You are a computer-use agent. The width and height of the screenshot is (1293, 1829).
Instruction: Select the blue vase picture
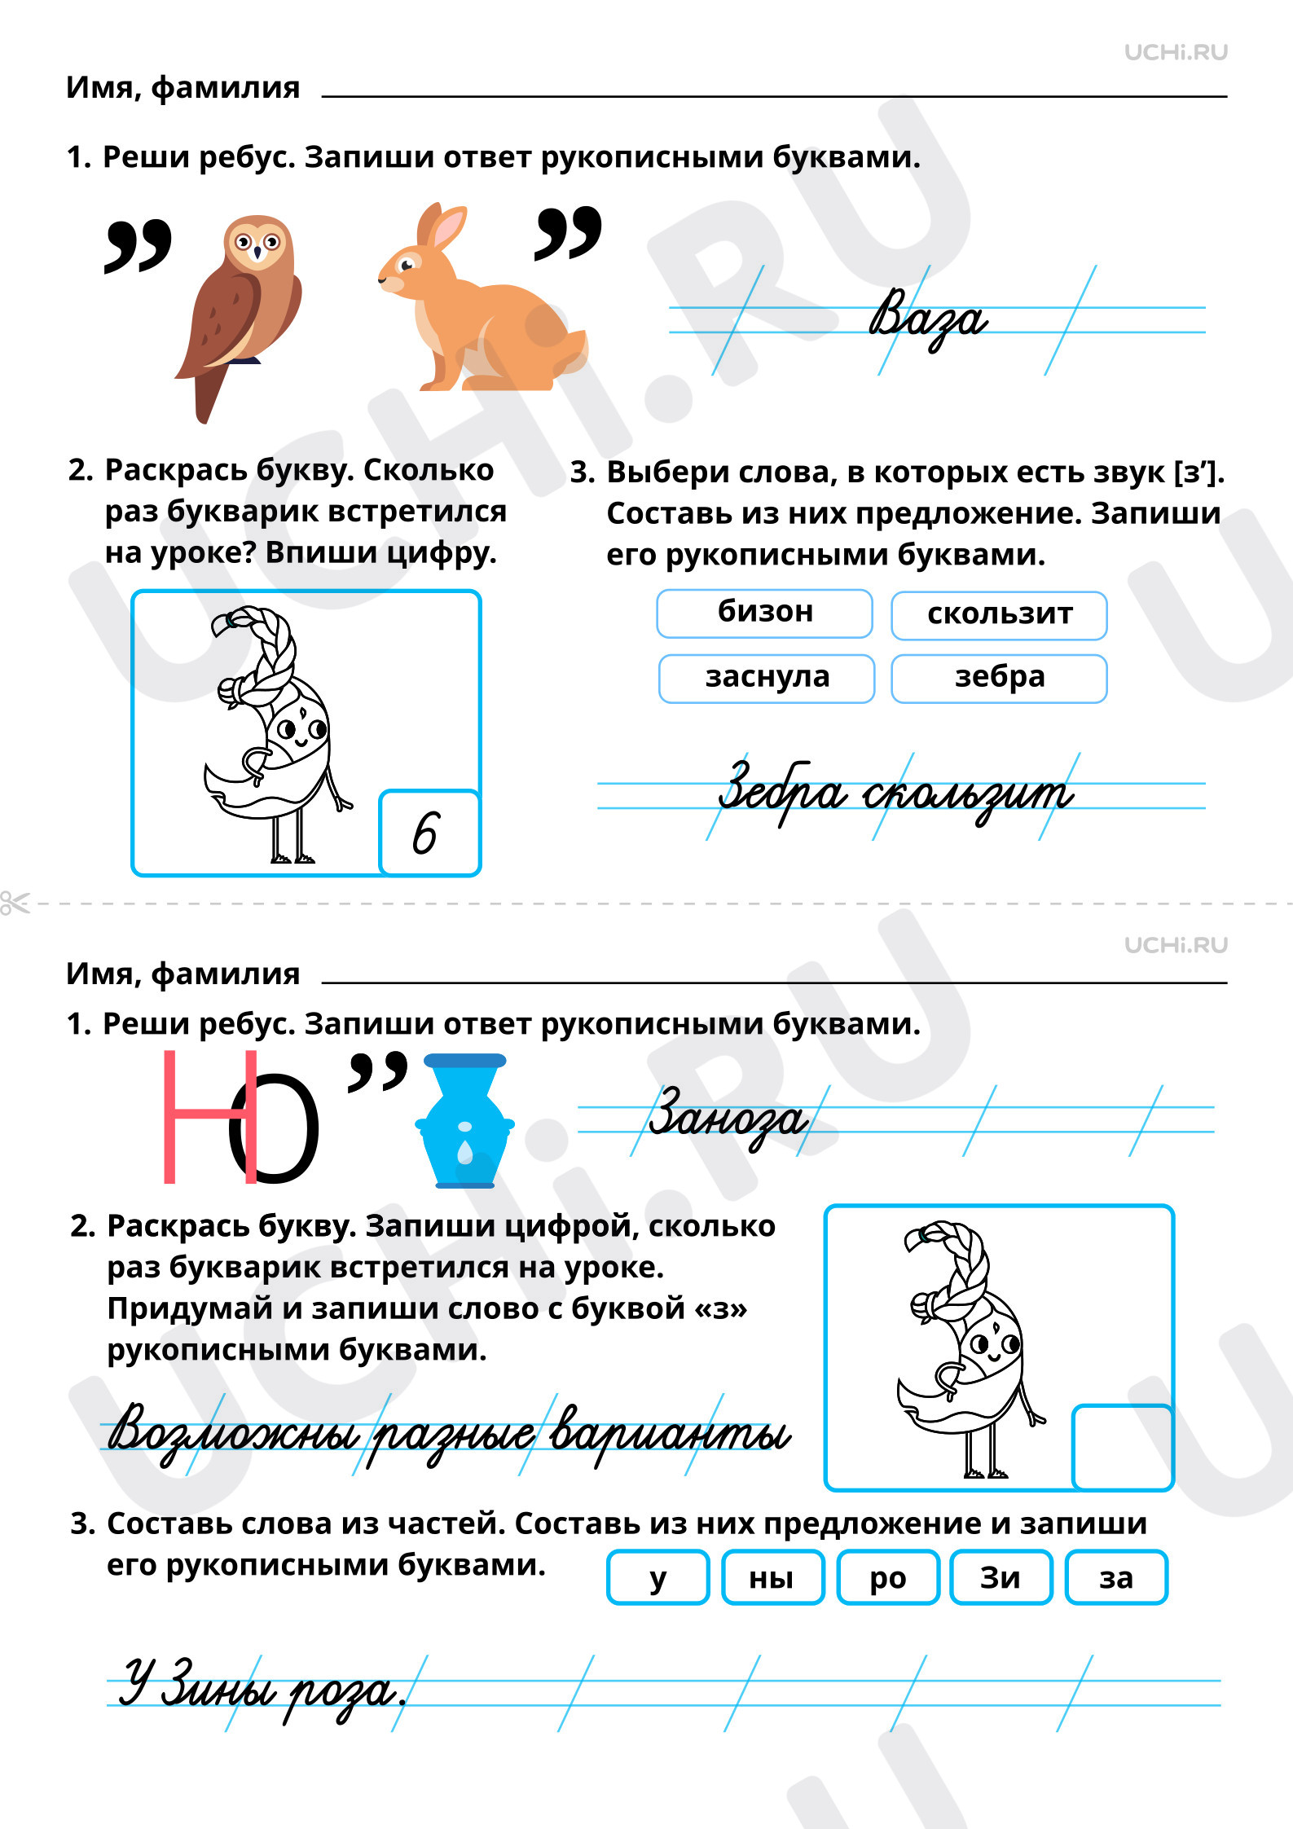pos(465,1121)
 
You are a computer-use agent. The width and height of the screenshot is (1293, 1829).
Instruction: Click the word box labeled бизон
pos(764,613)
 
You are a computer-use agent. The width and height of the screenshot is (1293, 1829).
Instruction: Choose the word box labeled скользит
pos(999,615)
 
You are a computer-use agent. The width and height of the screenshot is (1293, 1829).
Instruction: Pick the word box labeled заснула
pos(767,679)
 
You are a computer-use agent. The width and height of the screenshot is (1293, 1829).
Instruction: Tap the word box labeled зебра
pos(999,679)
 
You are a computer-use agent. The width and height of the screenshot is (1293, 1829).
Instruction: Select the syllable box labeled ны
pos(772,1578)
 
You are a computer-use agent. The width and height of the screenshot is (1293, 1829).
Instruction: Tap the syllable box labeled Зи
pos(1001,1578)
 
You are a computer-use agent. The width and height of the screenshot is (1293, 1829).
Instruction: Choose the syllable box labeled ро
pos(888,1578)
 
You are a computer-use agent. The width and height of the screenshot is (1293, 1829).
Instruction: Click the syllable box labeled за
pos(1116,1578)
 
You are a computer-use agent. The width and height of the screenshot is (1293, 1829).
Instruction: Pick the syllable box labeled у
pos(658,1578)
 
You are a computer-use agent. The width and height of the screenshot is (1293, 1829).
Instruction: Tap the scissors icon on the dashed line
pos(15,903)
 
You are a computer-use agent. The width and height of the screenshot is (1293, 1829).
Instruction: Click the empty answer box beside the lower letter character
pos(1122,1447)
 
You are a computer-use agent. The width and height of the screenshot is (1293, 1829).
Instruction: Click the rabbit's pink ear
pos(447,229)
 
